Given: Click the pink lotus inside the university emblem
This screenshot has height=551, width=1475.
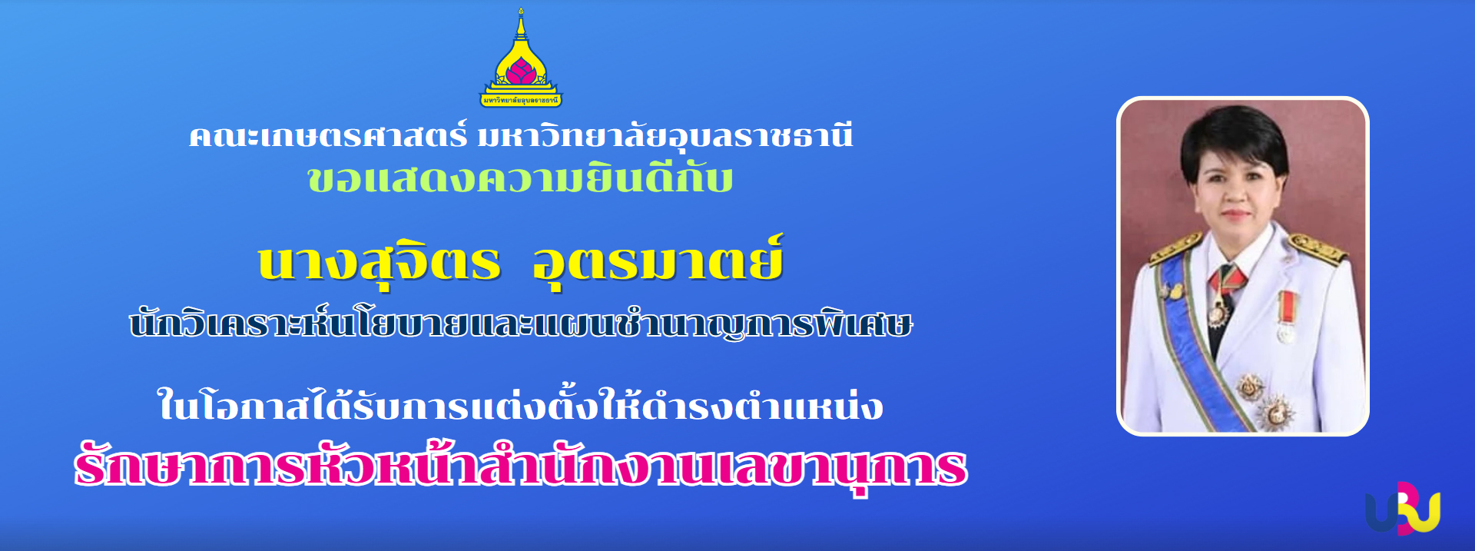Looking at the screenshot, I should [521, 72].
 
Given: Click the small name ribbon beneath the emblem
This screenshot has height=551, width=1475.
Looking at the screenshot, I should [521, 100].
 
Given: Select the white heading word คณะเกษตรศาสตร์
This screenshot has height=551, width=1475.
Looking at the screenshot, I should [328, 137].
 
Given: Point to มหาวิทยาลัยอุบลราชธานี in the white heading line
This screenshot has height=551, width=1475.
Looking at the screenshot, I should [665, 137].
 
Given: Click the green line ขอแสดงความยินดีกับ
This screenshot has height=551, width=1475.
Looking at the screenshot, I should [520, 180].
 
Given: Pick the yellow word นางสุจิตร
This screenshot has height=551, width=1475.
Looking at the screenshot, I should [379, 263].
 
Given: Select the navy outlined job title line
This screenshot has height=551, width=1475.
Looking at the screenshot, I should [521, 324].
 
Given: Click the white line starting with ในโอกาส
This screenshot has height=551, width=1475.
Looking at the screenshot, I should [520, 405].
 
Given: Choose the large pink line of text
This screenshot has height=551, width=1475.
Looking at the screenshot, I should [520, 466].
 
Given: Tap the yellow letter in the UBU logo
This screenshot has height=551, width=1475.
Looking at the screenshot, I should [1425, 511].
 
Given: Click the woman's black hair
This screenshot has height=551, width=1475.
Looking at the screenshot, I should [1233, 138].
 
